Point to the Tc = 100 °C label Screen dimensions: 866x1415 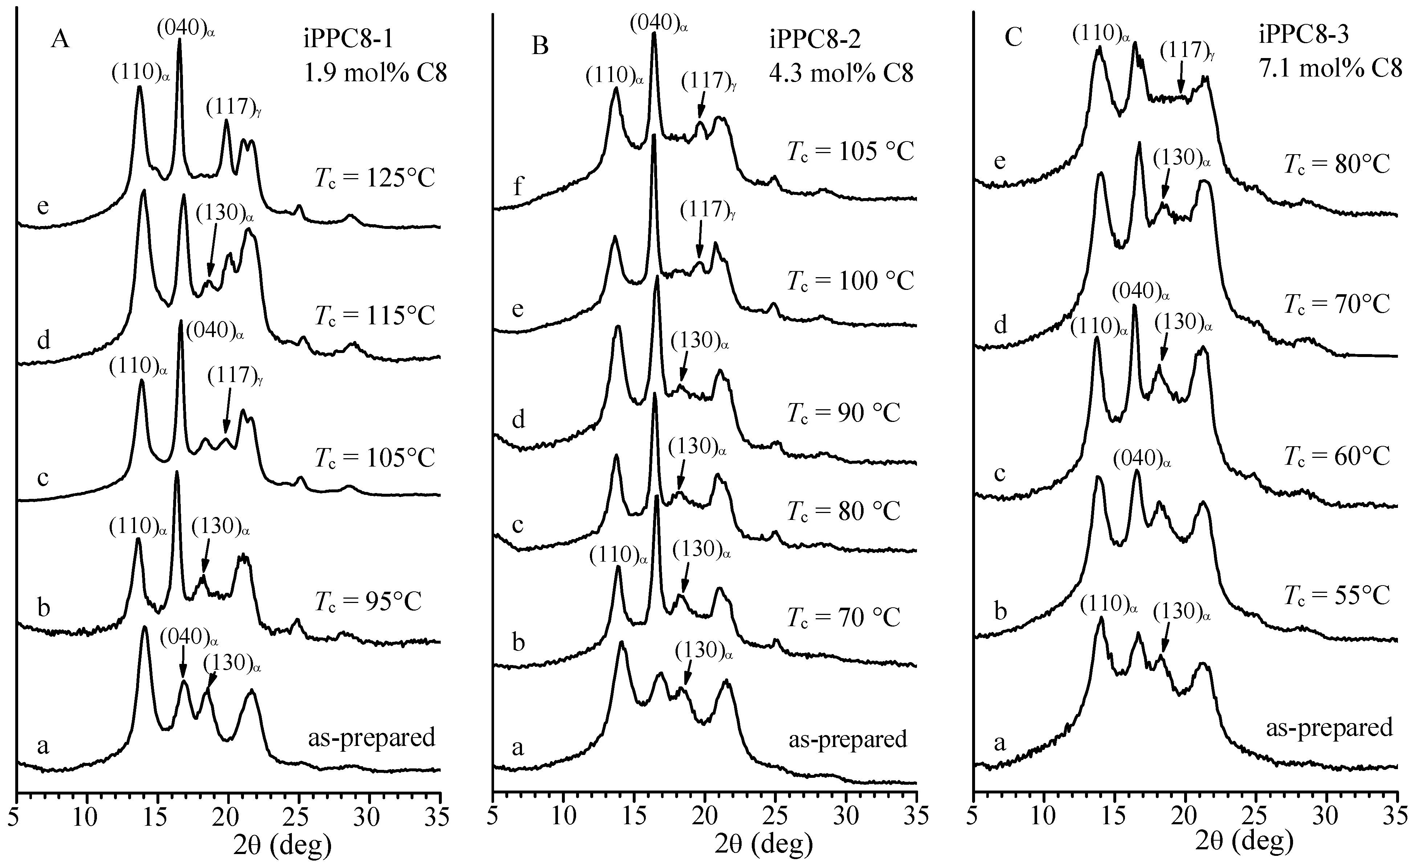(850, 282)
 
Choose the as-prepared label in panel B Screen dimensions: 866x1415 (848, 739)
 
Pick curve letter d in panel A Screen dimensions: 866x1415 (43, 341)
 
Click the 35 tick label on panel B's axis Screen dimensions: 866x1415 (916, 817)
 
